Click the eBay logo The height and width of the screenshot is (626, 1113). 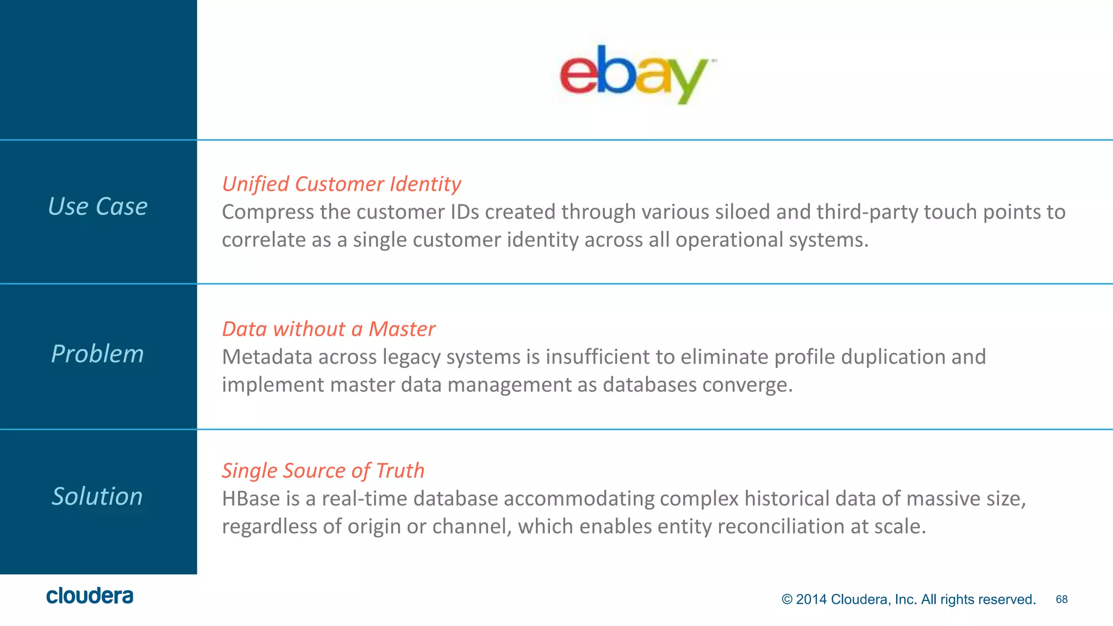tap(634, 74)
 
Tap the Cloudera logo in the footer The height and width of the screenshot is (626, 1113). tap(90, 596)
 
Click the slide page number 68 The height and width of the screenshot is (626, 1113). tap(1061, 599)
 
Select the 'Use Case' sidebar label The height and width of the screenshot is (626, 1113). tap(98, 206)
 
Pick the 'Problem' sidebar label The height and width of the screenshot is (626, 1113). tap(98, 354)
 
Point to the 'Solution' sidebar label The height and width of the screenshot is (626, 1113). tap(97, 496)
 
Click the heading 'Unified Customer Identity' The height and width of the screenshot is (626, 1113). tap(341, 184)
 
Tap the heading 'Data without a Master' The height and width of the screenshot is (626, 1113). tap(328, 329)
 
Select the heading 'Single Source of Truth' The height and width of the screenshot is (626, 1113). tap(323, 471)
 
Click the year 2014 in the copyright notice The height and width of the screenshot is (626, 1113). tap(811, 599)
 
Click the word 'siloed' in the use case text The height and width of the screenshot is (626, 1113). tap(742, 212)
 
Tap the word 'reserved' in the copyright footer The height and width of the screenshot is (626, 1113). tap(1009, 599)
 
